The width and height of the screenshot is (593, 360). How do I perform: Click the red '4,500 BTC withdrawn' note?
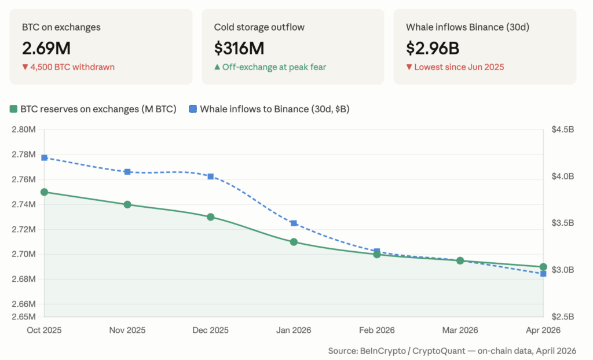(x=68, y=67)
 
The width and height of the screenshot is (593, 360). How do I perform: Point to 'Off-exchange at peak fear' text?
(x=270, y=67)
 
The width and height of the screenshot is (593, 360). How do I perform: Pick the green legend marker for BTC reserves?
(x=14, y=109)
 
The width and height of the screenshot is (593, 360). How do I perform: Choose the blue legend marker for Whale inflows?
(x=194, y=109)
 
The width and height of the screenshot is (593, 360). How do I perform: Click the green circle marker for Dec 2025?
(x=211, y=217)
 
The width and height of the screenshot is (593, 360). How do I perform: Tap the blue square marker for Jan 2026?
(x=294, y=223)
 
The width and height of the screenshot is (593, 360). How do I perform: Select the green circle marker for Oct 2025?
(x=44, y=192)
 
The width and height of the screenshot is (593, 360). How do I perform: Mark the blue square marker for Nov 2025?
(x=127, y=172)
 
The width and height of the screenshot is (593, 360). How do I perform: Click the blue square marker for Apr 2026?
(x=543, y=273)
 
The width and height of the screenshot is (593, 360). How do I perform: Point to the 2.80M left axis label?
(x=23, y=129)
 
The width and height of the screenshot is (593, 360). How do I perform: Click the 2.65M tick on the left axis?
(x=23, y=317)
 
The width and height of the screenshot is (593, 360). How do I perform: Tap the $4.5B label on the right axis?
(x=562, y=129)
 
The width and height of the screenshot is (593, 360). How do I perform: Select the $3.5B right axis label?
(x=562, y=223)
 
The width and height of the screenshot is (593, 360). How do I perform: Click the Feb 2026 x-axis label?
(x=377, y=330)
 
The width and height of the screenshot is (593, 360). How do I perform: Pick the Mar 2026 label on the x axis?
(x=460, y=330)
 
